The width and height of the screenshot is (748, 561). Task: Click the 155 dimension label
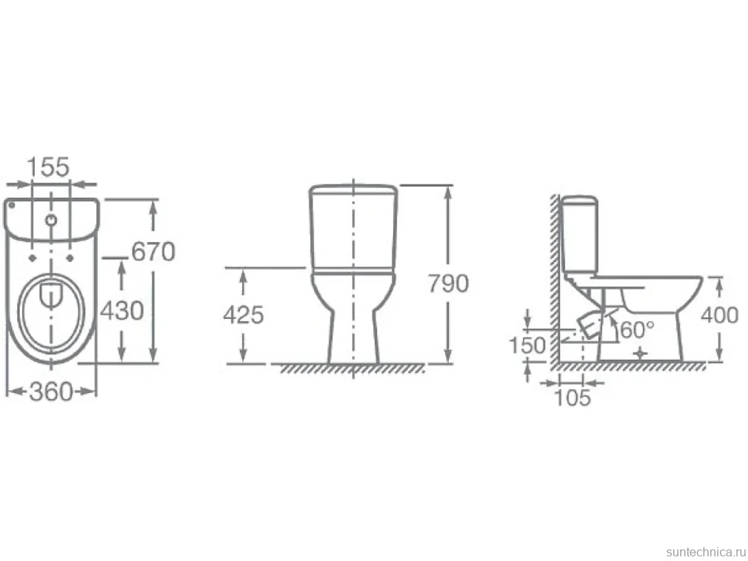tap(48, 166)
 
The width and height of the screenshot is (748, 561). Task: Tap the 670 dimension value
tap(153, 252)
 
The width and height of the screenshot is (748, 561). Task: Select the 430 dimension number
tap(122, 311)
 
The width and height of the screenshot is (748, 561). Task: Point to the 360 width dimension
tap(51, 391)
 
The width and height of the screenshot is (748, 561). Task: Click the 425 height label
tap(243, 315)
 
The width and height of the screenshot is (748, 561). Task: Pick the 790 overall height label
tap(448, 284)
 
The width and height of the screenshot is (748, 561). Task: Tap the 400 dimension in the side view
tap(720, 315)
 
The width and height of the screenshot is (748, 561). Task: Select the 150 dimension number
tap(527, 345)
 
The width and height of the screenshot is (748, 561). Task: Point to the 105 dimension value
tap(572, 398)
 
